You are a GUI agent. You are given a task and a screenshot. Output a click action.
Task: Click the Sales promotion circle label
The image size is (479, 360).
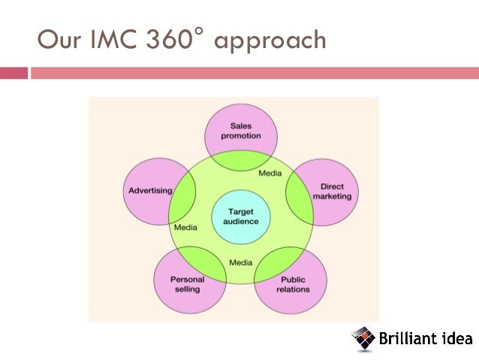click(x=241, y=131)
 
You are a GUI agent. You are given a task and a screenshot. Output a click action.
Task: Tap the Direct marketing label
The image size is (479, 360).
click(x=331, y=191)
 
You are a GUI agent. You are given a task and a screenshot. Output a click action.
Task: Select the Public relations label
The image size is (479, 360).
click(x=292, y=284)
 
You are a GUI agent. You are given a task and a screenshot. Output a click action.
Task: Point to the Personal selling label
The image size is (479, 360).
click(x=187, y=284)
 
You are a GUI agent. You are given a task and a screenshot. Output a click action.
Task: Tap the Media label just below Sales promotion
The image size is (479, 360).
click(x=270, y=174)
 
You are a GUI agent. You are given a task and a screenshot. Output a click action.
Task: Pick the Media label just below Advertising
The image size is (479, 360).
click(x=185, y=226)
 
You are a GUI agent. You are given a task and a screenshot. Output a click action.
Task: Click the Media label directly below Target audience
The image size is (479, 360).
click(x=241, y=262)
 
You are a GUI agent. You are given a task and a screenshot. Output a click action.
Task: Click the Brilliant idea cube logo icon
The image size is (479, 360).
click(x=363, y=337)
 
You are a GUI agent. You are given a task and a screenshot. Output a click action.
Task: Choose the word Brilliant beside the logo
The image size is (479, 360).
click(x=405, y=338)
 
